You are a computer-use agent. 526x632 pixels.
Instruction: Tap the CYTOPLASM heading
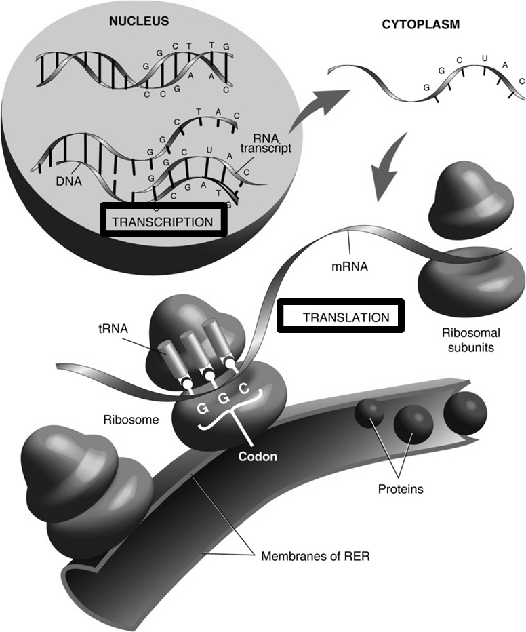click(x=430, y=24)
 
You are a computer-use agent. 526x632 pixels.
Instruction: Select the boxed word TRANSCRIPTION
click(x=161, y=222)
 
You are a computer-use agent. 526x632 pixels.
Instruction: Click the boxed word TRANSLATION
click(x=346, y=317)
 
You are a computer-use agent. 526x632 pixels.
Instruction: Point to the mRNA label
click(x=350, y=266)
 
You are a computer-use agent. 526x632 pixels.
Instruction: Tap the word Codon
click(x=257, y=456)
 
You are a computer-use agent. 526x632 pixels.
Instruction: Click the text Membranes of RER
click(x=315, y=557)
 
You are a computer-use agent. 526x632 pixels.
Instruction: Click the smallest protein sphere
click(x=369, y=414)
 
